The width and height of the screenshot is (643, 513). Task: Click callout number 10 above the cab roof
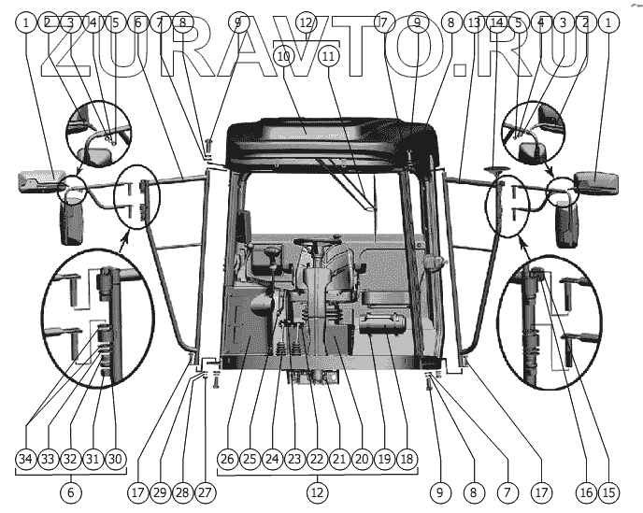[x=284, y=57]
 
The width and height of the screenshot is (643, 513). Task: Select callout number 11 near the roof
[x=328, y=57]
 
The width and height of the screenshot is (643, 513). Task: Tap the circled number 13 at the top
[x=474, y=20]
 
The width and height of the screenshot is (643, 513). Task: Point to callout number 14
[x=496, y=20]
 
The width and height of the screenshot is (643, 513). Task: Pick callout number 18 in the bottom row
[x=406, y=459]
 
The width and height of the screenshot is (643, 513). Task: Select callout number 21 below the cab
[x=338, y=459]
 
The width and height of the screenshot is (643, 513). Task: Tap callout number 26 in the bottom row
[x=227, y=459]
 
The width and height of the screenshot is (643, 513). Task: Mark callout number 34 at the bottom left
[x=25, y=459]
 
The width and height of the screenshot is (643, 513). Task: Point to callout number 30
[x=115, y=459]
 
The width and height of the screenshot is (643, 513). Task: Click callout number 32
[x=70, y=459]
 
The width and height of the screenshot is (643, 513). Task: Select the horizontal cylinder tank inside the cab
[x=379, y=327]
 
